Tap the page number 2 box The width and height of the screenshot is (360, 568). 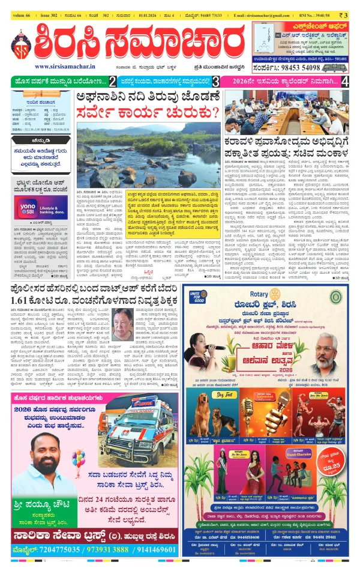112,81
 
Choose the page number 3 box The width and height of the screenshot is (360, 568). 215,81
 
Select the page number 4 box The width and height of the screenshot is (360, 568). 344,81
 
